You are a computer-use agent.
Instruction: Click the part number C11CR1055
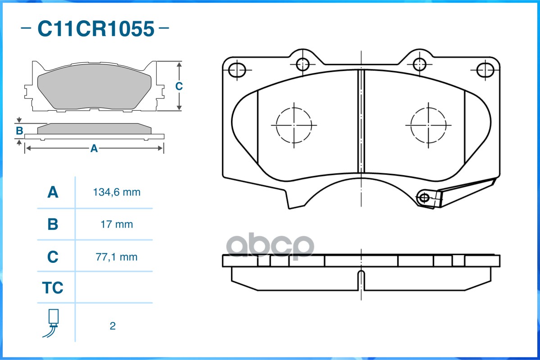click(95, 29)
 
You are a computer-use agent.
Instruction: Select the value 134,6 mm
click(117, 193)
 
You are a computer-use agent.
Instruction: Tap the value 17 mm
click(117, 224)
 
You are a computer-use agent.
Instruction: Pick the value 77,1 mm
click(117, 257)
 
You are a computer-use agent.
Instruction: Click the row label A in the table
click(53, 193)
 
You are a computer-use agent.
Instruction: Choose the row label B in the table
click(53, 224)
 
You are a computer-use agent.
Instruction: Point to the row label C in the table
click(53, 257)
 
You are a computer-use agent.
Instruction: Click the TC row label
click(53, 288)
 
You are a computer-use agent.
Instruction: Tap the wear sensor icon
click(53, 323)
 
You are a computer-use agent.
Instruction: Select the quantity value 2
click(113, 326)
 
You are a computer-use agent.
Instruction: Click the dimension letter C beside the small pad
click(179, 86)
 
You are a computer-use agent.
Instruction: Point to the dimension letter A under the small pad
click(94, 148)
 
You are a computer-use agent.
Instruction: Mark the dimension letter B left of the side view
click(19, 131)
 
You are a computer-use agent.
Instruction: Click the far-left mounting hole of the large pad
click(237, 70)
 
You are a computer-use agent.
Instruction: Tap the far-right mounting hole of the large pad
click(485, 70)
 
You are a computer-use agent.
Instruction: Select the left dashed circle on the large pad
click(294, 125)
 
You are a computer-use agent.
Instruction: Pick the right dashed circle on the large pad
click(428, 125)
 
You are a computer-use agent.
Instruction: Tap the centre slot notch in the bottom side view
click(361, 279)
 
